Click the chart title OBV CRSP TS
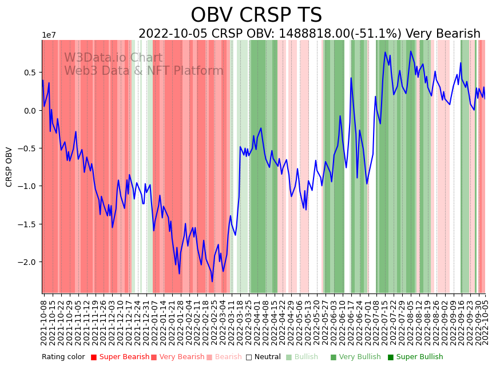pos(256,15)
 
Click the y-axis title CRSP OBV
pos(9,167)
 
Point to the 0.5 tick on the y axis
pos(29,73)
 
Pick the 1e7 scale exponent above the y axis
pos(49,35)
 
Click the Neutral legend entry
pos(263,357)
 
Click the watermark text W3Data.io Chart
pos(113,58)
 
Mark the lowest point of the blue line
pos(212,281)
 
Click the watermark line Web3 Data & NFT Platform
pos(144,71)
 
